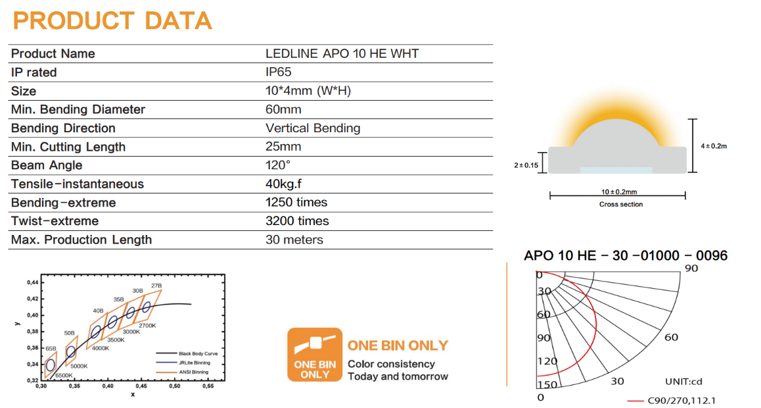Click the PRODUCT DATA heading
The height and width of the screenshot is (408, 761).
click(112, 20)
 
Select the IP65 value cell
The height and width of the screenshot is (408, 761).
click(279, 72)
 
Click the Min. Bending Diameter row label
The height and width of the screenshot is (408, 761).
click(78, 109)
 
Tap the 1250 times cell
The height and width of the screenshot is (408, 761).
click(296, 202)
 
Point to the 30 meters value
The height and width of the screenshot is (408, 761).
click(294, 240)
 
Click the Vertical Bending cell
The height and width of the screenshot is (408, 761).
click(313, 128)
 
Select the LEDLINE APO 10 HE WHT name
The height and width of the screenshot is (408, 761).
click(342, 53)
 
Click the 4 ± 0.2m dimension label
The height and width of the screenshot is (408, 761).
click(714, 145)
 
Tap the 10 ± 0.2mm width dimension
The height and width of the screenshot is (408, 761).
click(618, 192)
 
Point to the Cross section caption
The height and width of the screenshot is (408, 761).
click(621, 204)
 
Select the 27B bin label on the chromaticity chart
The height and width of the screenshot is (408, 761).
click(156, 286)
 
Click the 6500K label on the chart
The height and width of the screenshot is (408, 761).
click(64, 375)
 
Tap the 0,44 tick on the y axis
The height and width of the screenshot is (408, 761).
click(32, 282)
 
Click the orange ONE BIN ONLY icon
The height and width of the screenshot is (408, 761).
click(315, 355)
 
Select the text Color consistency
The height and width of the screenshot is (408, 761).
click(391, 364)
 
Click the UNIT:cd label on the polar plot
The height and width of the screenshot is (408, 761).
click(683, 382)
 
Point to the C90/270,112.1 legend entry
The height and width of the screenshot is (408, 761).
click(681, 399)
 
